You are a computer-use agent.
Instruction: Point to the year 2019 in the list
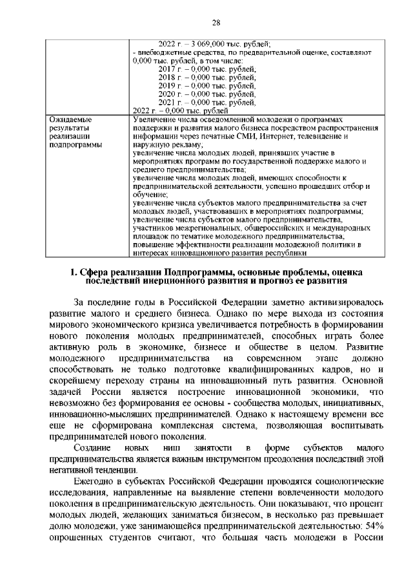167,85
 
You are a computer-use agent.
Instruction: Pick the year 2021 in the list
167,101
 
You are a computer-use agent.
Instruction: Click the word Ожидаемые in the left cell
70,120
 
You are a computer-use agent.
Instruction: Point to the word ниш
176,447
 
